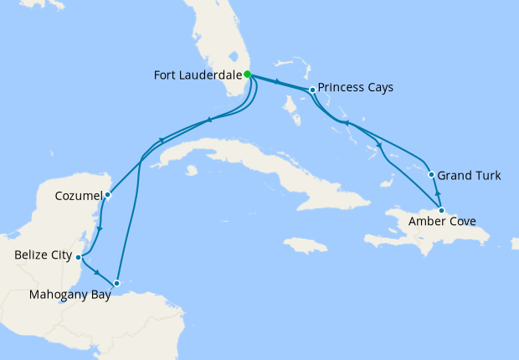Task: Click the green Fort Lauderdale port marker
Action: coord(248,75)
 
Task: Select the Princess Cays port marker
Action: coord(311,90)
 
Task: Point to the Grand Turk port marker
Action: coord(431,175)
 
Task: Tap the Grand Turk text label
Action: coord(470,176)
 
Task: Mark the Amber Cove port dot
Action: coord(442,210)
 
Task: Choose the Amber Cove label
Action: coord(443,222)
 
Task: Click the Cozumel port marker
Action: coord(108,195)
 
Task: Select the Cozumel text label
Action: coord(79,195)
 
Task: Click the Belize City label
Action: coord(43,255)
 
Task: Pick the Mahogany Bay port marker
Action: coord(118,283)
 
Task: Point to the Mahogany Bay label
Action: coord(70,294)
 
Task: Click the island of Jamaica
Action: coord(305,245)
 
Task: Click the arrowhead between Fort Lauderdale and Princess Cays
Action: coord(275,83)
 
